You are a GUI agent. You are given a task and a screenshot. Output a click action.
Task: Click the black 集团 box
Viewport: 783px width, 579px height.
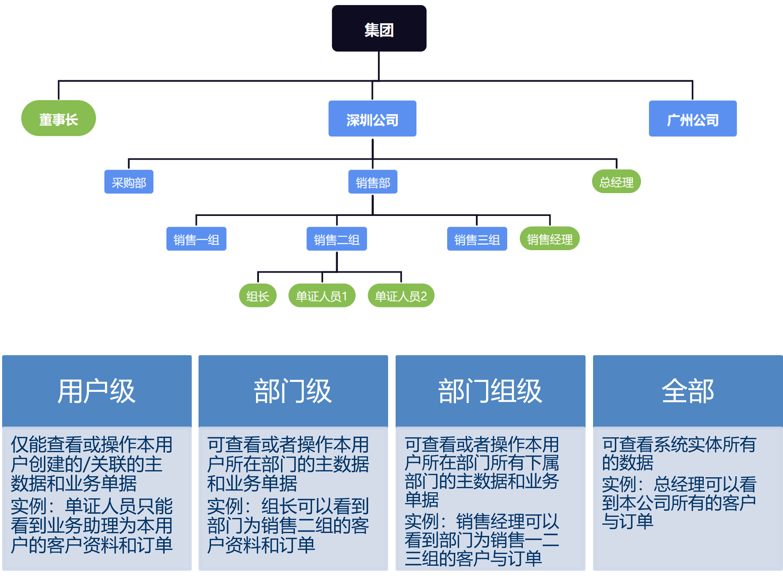point(379,29)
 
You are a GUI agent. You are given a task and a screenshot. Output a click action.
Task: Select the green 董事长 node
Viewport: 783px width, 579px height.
point(59,119)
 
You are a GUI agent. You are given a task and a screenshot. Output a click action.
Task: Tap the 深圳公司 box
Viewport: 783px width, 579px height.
point(372,119)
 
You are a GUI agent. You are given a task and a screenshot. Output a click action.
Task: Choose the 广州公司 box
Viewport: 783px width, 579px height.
point(692,119)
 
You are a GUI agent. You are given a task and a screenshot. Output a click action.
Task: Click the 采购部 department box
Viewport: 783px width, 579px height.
point(129,182)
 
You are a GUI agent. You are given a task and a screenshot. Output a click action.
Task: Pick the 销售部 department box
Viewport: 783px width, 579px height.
point(373,182)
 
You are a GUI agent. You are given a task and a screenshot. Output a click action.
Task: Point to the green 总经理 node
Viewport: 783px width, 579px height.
point(616,182)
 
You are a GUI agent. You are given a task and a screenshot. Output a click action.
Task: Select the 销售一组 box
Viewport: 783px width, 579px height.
point(196,239)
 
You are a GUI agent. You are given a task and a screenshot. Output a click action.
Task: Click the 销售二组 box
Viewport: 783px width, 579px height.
point(336,239)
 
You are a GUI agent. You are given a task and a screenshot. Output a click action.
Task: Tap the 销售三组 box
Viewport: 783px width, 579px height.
point(477,239)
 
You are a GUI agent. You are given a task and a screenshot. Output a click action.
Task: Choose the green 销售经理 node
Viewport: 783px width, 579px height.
point(549,238)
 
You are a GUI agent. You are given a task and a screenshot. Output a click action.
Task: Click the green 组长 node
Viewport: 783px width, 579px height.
point(257,296)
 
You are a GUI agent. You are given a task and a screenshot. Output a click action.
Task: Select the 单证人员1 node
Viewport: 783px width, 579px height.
point(322,296)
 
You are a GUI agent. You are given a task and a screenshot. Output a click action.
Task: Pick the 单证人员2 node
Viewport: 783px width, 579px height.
point(401,296)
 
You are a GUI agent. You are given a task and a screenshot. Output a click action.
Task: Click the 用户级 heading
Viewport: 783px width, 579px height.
point(96,391)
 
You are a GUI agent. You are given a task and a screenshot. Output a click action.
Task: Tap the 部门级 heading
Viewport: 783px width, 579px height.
point(293,391)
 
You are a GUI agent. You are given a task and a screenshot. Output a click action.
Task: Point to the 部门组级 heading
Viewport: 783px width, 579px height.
point(490,391)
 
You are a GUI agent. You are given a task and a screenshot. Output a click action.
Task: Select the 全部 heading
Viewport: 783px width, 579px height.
point(688,391)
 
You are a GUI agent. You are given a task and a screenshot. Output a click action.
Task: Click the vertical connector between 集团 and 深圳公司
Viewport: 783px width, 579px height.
point(379,66)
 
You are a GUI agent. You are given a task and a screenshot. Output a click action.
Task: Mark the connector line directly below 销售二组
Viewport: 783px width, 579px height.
point(337,261)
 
